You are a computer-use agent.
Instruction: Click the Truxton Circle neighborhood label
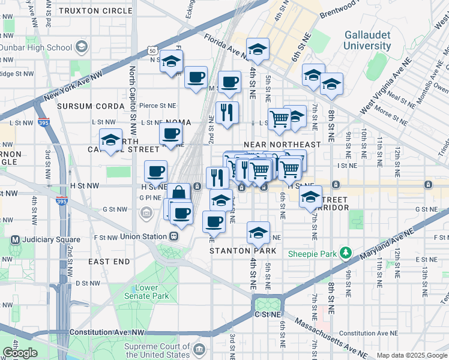click(91, 10)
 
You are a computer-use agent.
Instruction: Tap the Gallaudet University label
click(367, 40)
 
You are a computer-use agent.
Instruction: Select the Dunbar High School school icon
click(81, 47)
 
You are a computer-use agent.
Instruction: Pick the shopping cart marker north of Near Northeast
click(279, 119)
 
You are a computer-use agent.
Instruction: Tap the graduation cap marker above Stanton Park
click(258, 232)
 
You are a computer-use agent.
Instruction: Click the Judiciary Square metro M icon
click(14, 240)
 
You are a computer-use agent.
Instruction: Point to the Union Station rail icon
click(173, 236)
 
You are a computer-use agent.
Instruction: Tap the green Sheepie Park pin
click(345, 253)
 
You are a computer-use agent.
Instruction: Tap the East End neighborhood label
click(109, 262)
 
